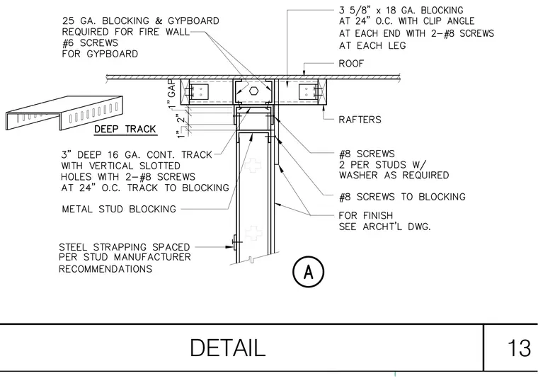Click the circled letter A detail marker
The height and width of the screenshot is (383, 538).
pos(308,272)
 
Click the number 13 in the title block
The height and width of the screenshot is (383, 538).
pos(519,348)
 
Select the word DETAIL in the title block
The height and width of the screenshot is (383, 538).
pos(227,348)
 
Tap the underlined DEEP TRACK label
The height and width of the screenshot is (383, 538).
pos(125,129)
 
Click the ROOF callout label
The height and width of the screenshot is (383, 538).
pos(351,64)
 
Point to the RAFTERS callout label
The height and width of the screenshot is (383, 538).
pos(360,120)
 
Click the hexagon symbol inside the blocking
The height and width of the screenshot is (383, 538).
pos(253,91)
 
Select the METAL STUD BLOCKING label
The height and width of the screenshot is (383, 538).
pos(119,209)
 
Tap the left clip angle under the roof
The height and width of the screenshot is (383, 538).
pos(199,91)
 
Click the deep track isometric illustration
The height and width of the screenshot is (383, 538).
pos(64,113)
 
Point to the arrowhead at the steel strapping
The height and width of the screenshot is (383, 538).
pos(230,247)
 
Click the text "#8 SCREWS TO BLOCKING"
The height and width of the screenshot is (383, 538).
pos(402,197)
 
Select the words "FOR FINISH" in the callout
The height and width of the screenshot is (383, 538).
pos(365,215)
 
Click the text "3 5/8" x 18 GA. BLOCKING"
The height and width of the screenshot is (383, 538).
pos(401,11)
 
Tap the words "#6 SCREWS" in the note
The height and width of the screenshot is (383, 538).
pos(90,43)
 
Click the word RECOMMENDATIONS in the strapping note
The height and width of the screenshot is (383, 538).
pos(105,269)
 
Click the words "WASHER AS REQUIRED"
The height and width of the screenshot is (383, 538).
pos(394,176)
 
